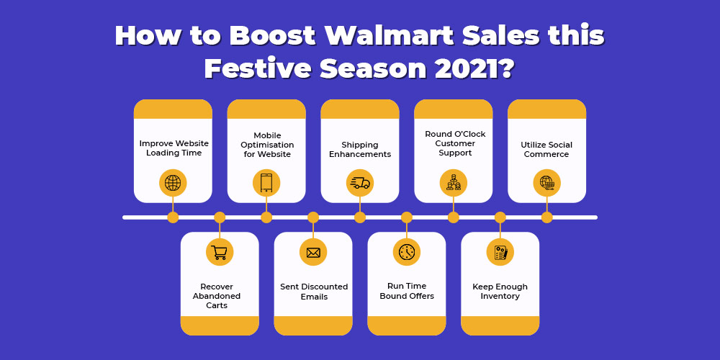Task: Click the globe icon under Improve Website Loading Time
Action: coord(173,183)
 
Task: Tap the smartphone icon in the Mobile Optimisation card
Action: coord(266,183)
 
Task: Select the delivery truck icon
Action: coord(359,183)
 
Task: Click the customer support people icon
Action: coord(453,183)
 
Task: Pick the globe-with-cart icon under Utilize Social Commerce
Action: coord(546,183)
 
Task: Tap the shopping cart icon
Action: coord(220,252)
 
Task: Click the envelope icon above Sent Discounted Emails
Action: coord(313,252)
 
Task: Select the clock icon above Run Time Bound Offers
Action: coord(406,252)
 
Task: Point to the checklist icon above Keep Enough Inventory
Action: coord(500,252)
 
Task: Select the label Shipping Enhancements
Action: coord(359,149)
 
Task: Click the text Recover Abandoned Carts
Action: coord(217,296)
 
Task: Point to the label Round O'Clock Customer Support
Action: coord(455,143)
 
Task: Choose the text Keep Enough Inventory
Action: coord(500,291)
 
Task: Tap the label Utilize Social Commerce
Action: coord(546,149)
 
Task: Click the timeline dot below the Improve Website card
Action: coord(173,217)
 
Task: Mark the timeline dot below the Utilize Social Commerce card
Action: coord(546,217)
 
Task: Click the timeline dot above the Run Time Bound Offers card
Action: coord(406,217)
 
